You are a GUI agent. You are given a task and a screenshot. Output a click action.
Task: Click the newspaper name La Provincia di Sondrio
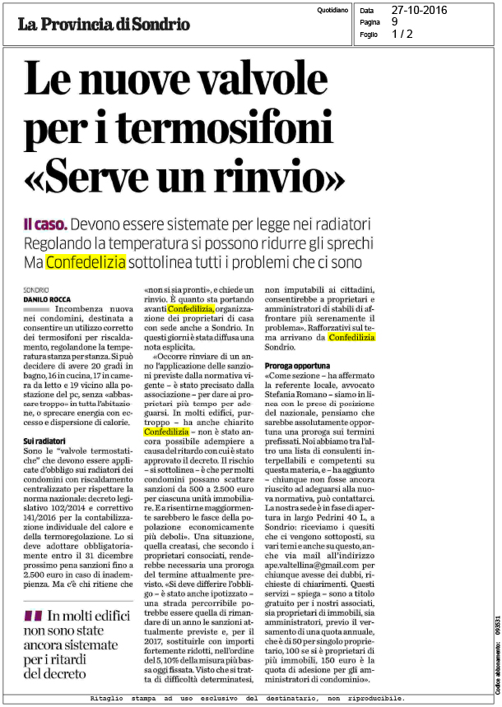(x=104, y=24)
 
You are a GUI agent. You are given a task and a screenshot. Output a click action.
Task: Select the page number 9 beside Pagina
(x=394, y=22)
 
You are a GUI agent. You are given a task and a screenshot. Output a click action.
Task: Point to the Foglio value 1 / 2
(x=402, y=34)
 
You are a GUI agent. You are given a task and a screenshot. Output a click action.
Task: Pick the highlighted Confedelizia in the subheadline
(x=86, y=262)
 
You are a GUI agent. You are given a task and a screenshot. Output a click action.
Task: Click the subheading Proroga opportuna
(x=297, y=364)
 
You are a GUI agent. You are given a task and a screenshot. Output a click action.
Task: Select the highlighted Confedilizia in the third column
(x=351, y=337)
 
